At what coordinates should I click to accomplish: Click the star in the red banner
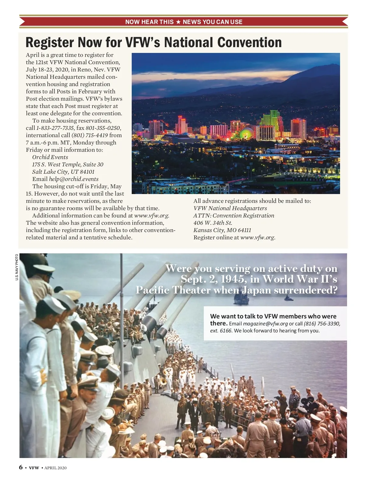coord(178,22)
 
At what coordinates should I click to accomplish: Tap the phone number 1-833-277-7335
coord(55,128)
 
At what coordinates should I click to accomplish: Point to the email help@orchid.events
coord(74,179)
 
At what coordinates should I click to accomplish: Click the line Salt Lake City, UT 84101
coord(63,172)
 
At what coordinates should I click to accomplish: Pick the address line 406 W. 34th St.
coord(213,223)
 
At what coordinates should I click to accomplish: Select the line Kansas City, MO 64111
coord(222,230)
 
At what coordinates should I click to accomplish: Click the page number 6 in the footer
coord(21,467)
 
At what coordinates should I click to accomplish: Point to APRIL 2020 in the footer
coord(55,468)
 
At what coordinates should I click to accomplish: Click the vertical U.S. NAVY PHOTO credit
coord(17,267)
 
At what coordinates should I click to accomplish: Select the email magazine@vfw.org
coord(265,324)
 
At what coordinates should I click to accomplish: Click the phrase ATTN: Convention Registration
coord(234,216)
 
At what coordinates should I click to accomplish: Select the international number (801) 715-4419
coord(89,135)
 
